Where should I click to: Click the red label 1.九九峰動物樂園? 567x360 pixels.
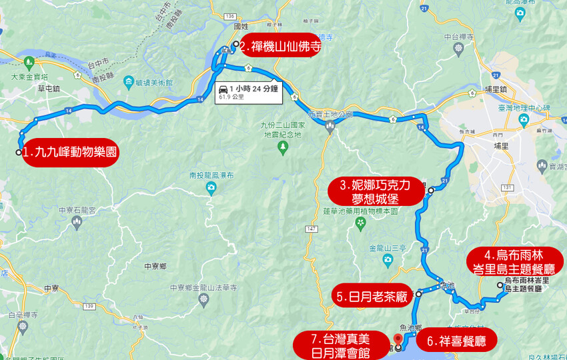(70, 153)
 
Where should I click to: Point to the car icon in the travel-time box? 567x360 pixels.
(223, 89)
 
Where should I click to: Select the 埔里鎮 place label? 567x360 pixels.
(496, 89)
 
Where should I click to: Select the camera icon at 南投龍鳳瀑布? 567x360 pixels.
(211, 188)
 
